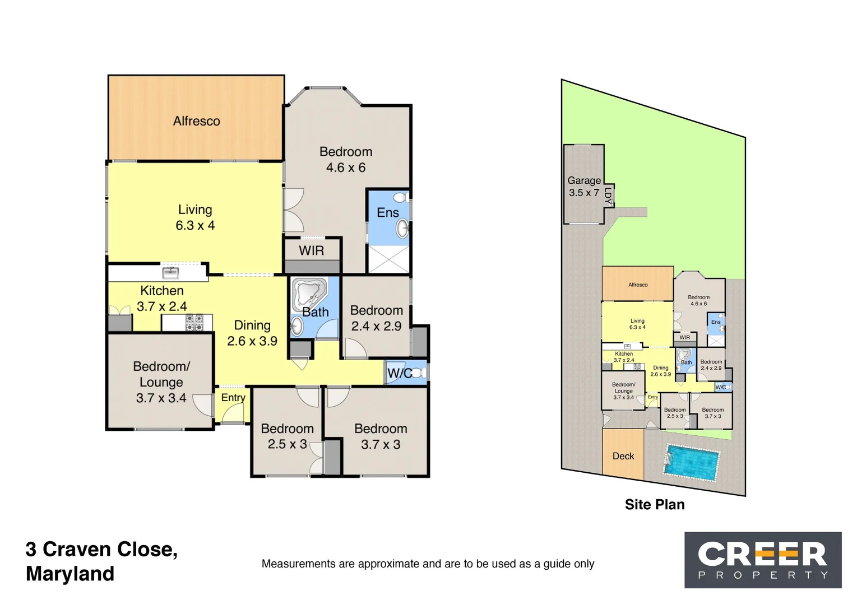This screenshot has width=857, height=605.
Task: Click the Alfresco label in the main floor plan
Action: coord(196,121)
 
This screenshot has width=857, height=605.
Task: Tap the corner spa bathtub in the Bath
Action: coord(308,292)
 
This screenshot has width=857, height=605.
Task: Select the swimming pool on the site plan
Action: coord(692,462)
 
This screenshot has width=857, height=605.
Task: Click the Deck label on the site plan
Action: coord(623,456)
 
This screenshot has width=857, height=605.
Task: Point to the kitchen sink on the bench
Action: coord(170,273)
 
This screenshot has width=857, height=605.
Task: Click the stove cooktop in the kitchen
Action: coord(194,323)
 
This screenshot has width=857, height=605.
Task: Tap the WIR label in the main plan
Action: coord(311,250)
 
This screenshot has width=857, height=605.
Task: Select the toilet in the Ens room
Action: coord(400,198)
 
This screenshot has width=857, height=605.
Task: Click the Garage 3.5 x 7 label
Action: coord(584,187)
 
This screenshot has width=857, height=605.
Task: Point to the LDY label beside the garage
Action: coord(609,194)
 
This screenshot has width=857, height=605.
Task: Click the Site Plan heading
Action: coord(655,505)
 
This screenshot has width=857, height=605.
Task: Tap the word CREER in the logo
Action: coord(762,554)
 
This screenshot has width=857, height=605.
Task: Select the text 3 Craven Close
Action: coord(101,550)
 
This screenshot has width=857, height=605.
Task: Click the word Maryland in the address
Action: coord(70,574)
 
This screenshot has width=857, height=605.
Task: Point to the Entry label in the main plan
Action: coord(233,397)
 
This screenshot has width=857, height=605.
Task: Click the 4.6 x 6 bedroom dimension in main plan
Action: coord(346,167)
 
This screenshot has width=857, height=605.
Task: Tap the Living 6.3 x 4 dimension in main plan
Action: coord(195,225)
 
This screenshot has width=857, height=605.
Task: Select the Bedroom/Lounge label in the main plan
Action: coord(161,374)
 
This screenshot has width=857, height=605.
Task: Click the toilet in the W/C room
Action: coord(418,373)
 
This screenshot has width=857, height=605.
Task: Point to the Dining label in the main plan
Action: coord(252,325)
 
